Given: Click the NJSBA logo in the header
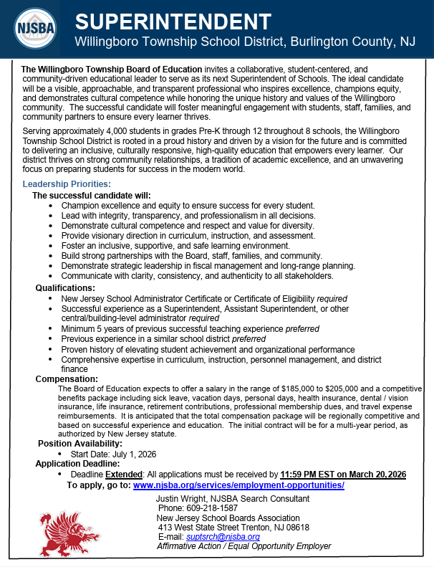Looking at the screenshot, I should tap(34, 29).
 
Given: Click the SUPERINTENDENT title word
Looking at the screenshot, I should tap(173, 22).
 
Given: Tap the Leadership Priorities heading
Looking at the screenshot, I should tap(67, 184).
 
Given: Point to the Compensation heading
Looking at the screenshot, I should tap(67, 378).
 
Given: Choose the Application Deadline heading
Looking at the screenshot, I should tap(79, 464).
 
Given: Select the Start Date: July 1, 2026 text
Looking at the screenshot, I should tap(113, 454).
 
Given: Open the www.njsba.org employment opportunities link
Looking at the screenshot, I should tap(238, 485).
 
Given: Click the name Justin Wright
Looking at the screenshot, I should tap(183, 499).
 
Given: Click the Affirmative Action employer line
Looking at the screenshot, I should tap(243, 545).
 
